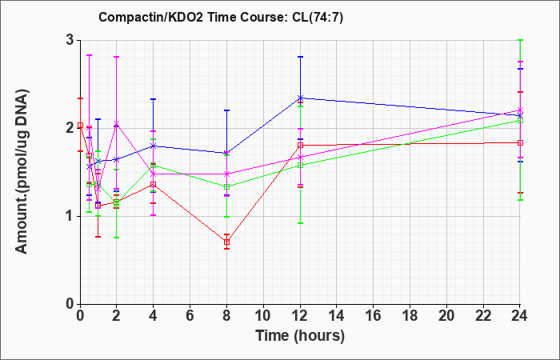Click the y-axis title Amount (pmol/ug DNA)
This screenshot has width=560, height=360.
coord(22,172)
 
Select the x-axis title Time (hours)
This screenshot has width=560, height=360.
coord(300,336)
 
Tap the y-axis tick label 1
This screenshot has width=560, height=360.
coord(70,217)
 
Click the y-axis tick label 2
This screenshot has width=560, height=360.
coord(70,129)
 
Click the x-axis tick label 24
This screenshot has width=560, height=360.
coord(520,316)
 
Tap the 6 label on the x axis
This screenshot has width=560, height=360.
coord(190,316)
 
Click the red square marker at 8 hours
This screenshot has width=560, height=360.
coord(226,242)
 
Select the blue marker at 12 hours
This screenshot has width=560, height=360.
coord(300,98)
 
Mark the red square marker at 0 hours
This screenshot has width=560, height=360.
coord(81,126)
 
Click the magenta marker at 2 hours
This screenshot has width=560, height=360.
coord(116,123)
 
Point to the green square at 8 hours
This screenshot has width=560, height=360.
coord(226,186)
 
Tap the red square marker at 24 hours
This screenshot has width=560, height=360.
coord(520,143)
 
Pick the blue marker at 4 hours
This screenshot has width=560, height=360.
coord(154,146)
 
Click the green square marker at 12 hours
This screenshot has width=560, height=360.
coord(300,166)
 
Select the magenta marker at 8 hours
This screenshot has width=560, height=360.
coord(226,174)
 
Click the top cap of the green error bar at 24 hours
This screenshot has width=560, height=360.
coord(520,40)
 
